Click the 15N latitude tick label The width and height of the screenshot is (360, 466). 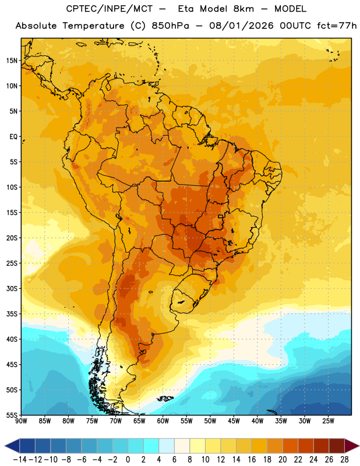pos(12,61)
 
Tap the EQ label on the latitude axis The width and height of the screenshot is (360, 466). pos(13,137)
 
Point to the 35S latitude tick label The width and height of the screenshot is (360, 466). pos(12,314)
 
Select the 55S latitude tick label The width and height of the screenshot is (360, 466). pos(12,415)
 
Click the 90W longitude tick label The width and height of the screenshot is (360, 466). pos(21,421)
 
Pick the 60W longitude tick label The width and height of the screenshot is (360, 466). pos(163,421)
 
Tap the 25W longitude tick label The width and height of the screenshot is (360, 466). pos(328,421)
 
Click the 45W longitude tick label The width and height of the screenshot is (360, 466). pos(234,421)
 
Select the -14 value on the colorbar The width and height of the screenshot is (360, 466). pos(20,460)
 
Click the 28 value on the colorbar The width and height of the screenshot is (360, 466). pos(344,460)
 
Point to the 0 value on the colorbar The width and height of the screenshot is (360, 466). pos(128,460)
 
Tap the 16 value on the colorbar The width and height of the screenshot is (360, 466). pos(252,460)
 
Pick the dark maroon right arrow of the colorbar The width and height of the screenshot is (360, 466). pos(352,446)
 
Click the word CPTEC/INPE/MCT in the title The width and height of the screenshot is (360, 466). pos(110,9)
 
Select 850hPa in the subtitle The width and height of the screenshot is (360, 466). pos(170,26)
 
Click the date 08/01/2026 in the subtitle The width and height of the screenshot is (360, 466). pos(241,26)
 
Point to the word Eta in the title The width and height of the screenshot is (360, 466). pos(186,9)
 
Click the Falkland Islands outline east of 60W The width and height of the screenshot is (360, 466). pos(165,398)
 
